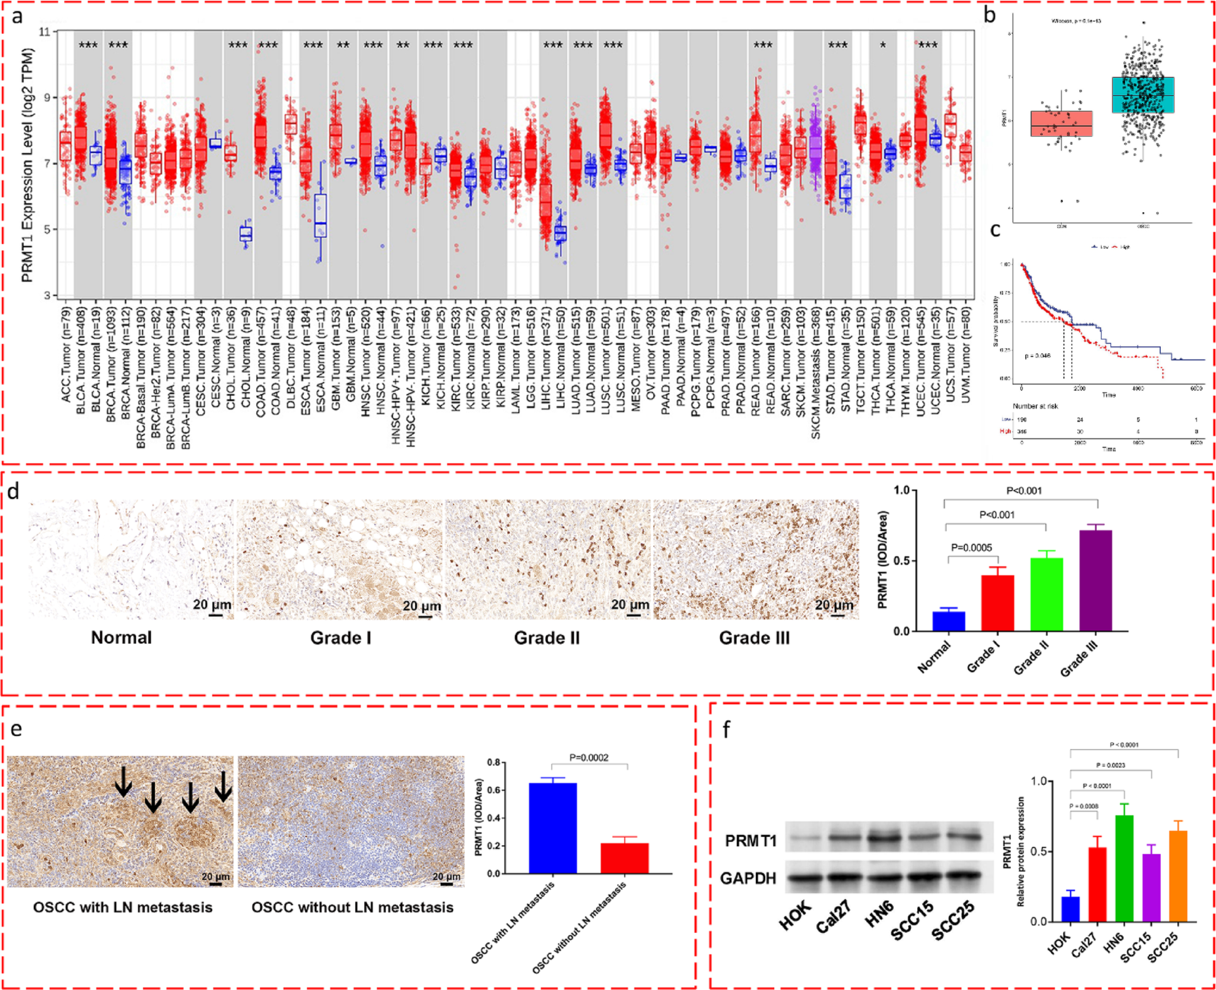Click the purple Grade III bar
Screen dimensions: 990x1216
[1095, 580]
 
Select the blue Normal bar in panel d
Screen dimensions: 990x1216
[949, 620]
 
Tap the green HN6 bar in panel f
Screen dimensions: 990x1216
[1124, 869]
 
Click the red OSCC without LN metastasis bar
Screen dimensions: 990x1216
[624, 858]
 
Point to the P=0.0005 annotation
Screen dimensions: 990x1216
[971, 548]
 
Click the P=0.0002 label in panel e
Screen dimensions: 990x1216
[588, 757]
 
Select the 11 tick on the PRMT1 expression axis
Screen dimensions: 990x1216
[45, 31]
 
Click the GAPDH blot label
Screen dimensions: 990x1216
[748, 878]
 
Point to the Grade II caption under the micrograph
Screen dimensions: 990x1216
[546, 638]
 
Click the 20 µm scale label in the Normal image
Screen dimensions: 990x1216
[212, 605]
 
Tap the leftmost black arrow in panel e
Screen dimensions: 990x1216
[123, 781]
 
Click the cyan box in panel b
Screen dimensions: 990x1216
[1143, 95]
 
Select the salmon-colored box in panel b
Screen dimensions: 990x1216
[1061, 124]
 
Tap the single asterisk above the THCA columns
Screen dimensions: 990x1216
[883, 45]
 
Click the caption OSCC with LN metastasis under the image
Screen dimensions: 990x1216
[122, 907]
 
